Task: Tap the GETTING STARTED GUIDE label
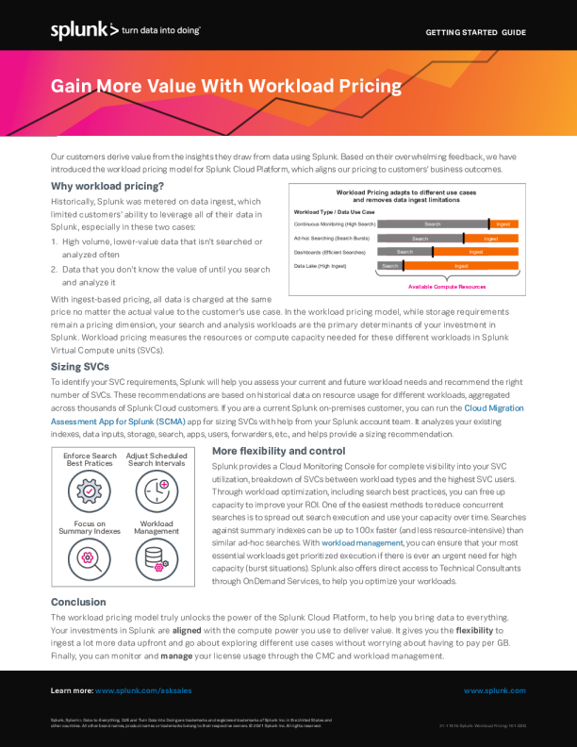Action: coord(475,32)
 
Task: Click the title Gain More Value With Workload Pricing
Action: coord(225,88)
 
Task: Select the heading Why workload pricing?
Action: coord(101,186)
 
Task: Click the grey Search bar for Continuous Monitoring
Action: coord(433,224)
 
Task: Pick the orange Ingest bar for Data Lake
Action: coord(461,267)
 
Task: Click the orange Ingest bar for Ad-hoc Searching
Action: coord(491,239)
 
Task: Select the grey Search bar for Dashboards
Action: coord(404,253)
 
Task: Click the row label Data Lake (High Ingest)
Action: coord(325,267)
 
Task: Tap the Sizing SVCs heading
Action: coord(80,365)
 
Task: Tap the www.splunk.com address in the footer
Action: coord(494,690)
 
